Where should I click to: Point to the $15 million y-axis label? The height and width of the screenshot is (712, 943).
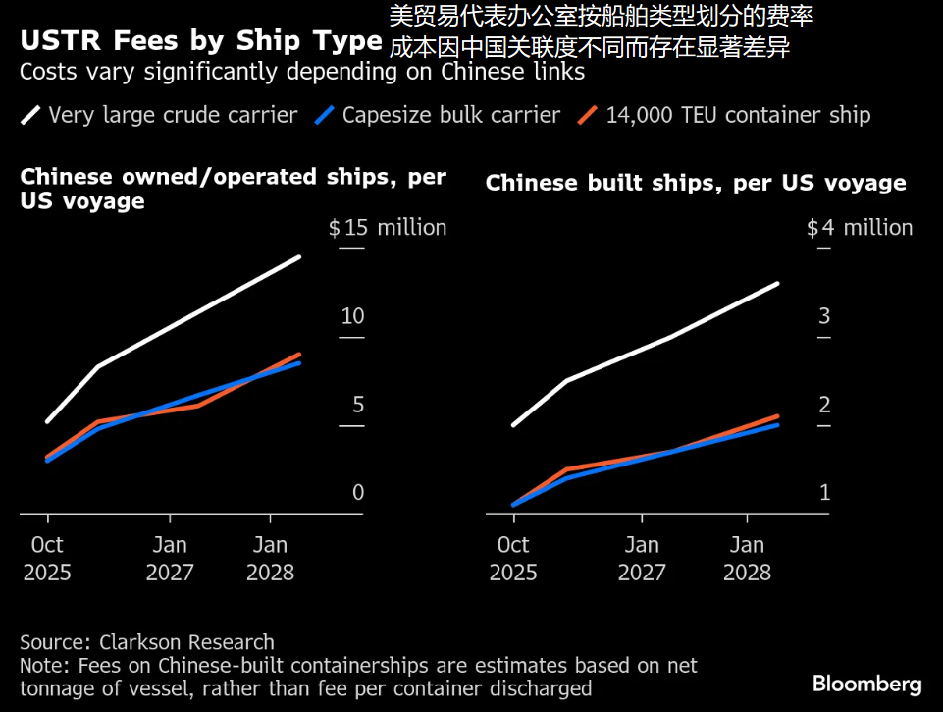coord(388,228)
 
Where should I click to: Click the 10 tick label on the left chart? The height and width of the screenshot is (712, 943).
coord(352,316)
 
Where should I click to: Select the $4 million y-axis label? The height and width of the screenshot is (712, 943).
coord(860,228)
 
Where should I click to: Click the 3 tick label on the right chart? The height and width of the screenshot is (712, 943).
coord(824,316)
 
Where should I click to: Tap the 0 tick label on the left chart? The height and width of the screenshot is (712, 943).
coord(358,492)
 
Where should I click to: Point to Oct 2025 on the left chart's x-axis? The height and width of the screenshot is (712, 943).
coord(47,558)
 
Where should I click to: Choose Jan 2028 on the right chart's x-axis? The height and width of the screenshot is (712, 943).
coord(748,558)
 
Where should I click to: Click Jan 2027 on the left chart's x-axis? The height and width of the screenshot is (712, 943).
coord(170,558)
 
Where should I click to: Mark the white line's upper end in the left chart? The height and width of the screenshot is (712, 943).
coord(299,257)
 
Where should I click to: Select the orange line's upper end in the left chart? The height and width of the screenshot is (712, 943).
coord(299,355)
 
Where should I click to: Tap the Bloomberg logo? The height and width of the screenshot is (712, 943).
coord(866,684)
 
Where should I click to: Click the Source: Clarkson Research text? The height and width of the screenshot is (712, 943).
coord(147,642)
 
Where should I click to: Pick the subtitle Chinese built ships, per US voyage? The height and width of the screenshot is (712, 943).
coord(696,183)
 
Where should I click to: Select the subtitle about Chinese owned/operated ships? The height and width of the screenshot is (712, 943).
coord(233,189)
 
